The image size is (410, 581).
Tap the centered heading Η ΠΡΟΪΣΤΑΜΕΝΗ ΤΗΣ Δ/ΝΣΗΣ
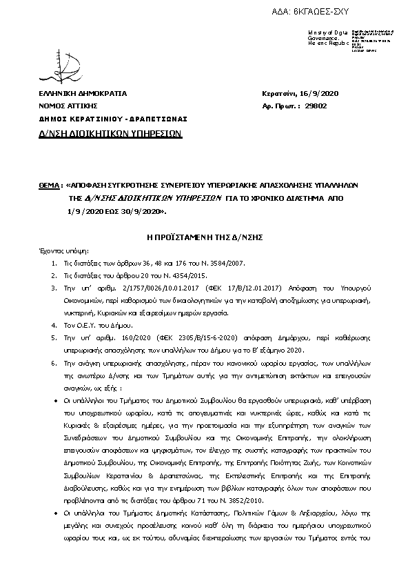click(x=205, y=236)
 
